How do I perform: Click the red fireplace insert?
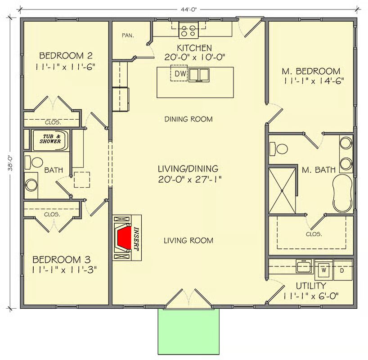point(124,238)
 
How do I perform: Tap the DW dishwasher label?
point(180,74)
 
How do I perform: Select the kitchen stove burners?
point(188,30)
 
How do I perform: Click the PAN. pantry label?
point(128,36)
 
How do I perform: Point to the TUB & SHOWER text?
point(50,139)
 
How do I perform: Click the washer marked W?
point(323,270)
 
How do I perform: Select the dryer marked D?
point(343,270)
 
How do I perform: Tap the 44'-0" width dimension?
point(188,9)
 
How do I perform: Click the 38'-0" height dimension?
point(10,163)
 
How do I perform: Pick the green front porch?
point(188,332)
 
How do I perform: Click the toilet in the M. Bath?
point(278,148)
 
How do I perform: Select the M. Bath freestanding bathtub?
point(343,193)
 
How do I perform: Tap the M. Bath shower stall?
point(282,191)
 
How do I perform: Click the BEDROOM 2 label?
point(66,56)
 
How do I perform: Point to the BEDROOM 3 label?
point(62,260)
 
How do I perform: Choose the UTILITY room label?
point(311,286)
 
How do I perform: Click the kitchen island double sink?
point(199,75)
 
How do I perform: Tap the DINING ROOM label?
point(188,119)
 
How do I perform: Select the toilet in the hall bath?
point(34,162)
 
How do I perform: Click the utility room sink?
point(305,266)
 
